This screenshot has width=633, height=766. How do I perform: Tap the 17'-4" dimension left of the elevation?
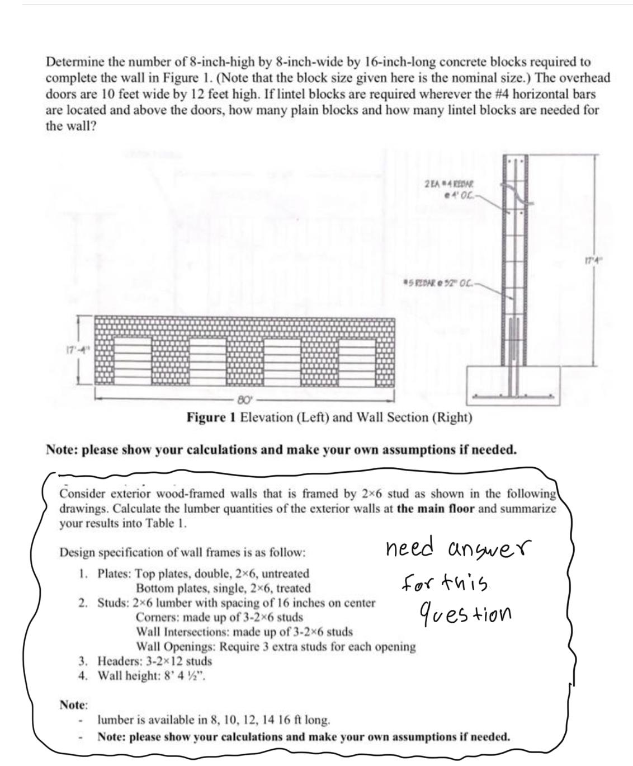coord(77,350)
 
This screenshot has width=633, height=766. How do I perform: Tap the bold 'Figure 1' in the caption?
coord(212,418)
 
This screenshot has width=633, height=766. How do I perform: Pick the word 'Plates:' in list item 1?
coord(115,574)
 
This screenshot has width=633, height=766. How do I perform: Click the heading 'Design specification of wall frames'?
coord(182,552)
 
